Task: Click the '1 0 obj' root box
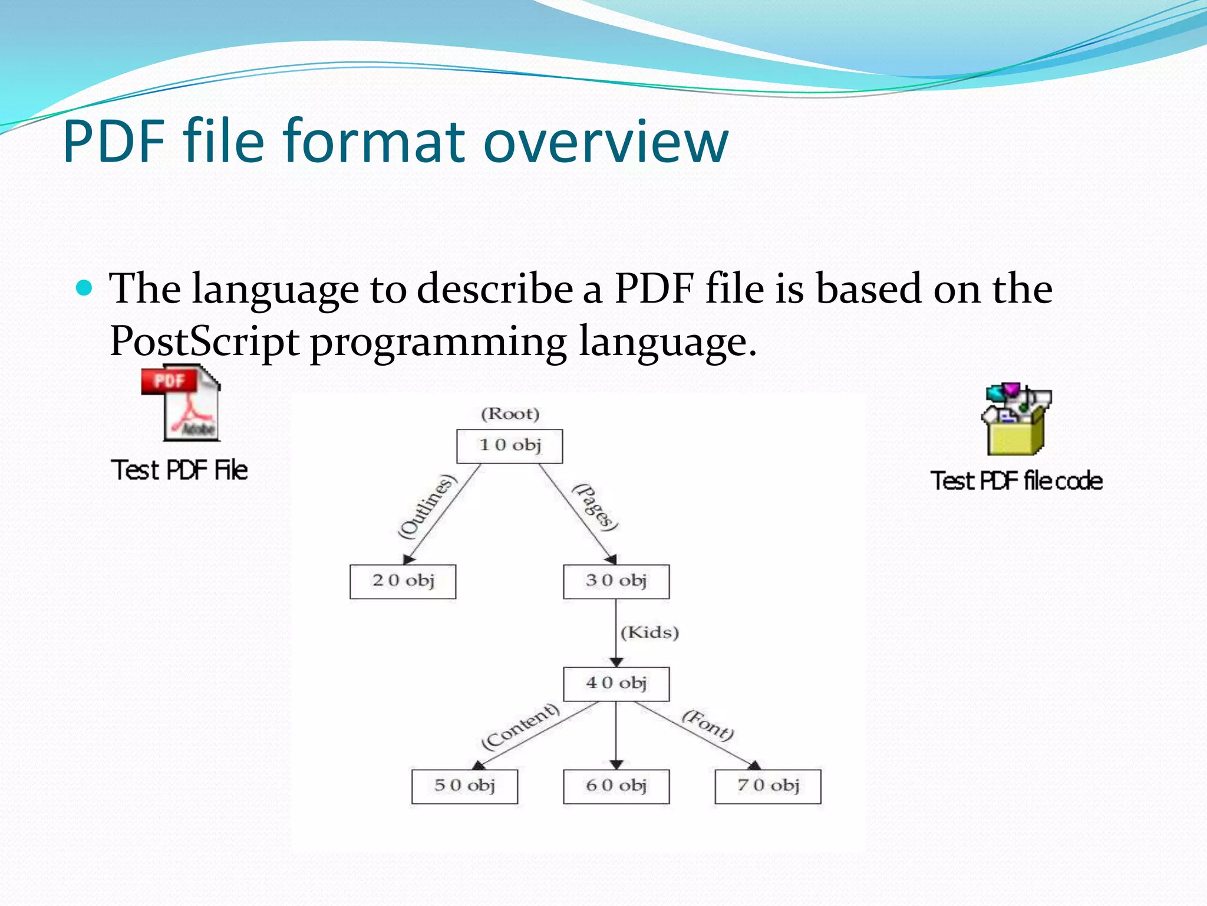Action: [x=509, y=446]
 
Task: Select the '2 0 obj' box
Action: [x=403, y=582]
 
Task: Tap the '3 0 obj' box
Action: [x=616, y=582]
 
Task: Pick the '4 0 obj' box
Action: [x=616, y=684]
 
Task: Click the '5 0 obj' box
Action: [x=464, y=786]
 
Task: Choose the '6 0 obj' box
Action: [x=616, y=786]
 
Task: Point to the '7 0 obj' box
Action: [x=767, y=786]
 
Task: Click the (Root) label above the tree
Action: [x=510, y=414]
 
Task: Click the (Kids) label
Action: [x=649, y=633]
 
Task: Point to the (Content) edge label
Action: [x=520, y=726]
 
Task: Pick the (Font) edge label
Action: [x=708, y=725]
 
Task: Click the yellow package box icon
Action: [x=1016, y=420]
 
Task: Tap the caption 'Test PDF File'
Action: [x=179, y=471]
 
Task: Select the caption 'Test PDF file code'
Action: [x=1016, y=481]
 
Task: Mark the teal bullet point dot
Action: [x=85, y=288]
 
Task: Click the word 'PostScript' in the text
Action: [x=204, y=342]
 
